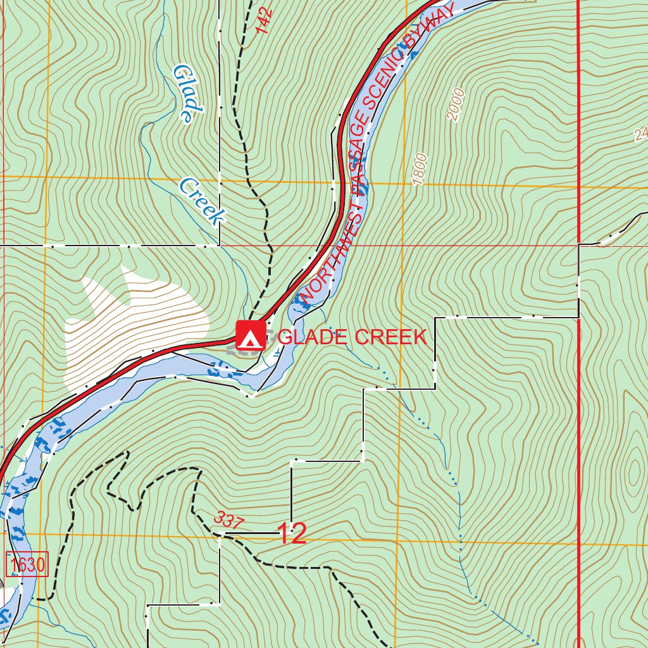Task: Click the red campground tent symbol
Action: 251,336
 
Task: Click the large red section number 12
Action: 292,534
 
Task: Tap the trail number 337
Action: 228,520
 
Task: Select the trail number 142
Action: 265,20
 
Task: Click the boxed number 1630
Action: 27,564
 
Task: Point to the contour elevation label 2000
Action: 456,105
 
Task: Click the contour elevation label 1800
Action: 420,170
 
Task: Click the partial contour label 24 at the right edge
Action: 640,134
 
